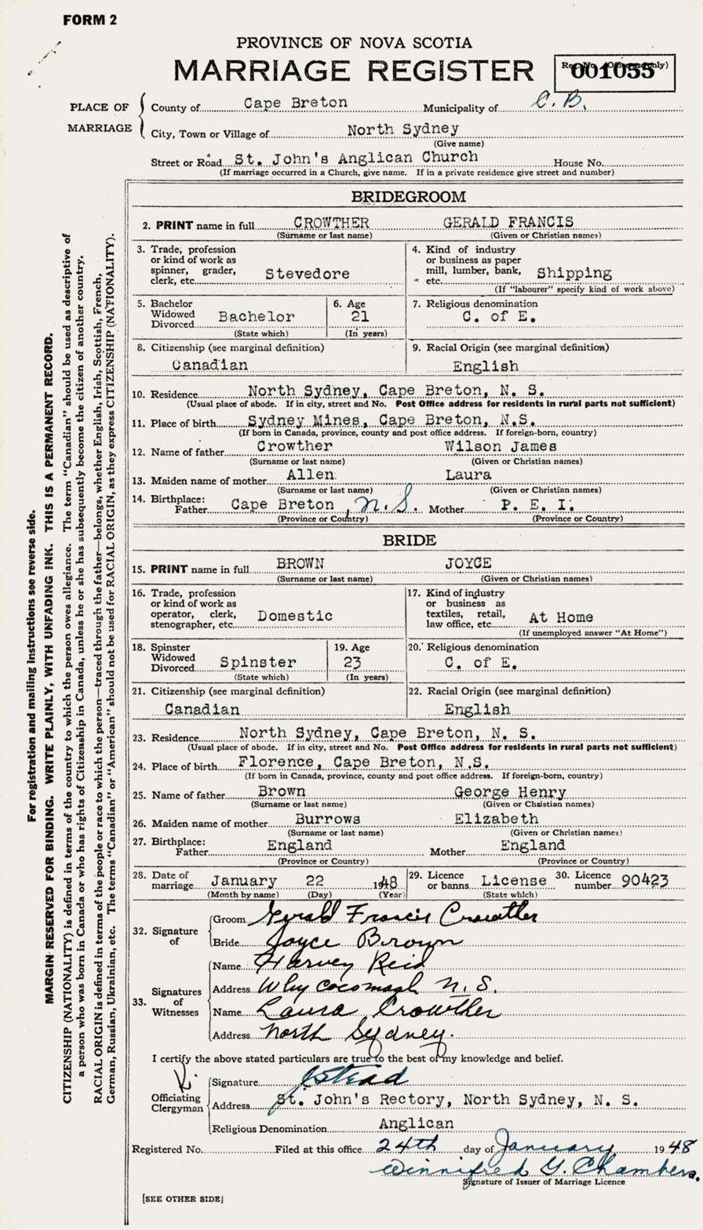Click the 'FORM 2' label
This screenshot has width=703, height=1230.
point(89,20)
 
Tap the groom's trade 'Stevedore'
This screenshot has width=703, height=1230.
point(307,274)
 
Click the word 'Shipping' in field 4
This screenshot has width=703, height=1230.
point(574,273)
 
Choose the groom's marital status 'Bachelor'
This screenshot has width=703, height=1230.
point(257,317)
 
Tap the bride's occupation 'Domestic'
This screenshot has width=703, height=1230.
point(295,617)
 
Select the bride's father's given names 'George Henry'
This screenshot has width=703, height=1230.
point(510,793)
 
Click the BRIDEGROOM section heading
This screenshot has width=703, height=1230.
point(407,197)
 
